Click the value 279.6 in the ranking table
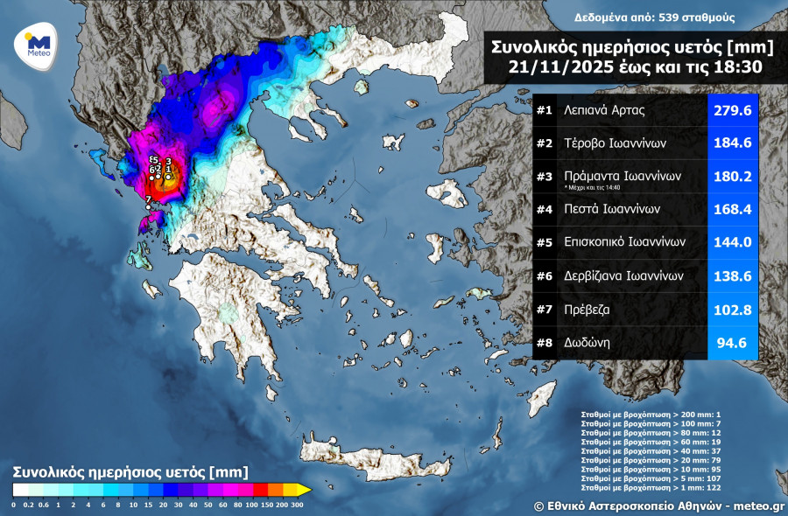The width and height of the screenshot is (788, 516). (732, 111)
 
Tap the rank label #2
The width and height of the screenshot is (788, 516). (544, 143)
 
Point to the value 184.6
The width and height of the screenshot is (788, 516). (732, 143)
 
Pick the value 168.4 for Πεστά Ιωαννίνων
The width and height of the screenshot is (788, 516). (732, 209)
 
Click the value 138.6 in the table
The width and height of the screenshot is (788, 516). (732, 275)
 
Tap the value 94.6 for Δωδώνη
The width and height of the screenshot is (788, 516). (732, 343)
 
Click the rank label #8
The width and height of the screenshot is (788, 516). (544, 343)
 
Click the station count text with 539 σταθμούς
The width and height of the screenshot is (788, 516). (654, 17)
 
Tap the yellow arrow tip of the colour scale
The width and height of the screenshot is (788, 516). (304, 490)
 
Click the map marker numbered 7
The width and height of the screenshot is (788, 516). (148, 199)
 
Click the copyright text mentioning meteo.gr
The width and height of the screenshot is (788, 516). (658, 506)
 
